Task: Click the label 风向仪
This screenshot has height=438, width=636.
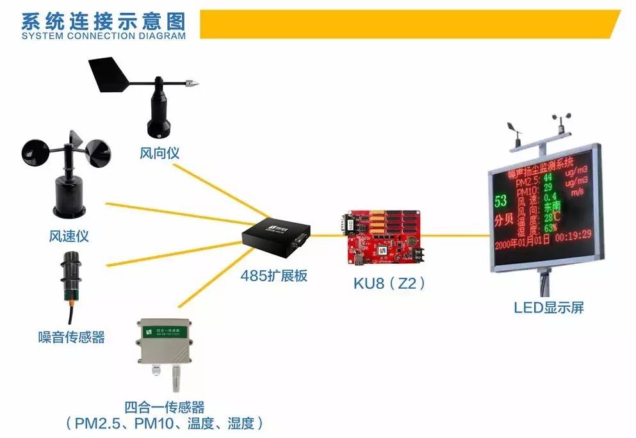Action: (x=159, y=154)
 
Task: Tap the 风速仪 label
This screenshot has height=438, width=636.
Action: (x=68, y=236)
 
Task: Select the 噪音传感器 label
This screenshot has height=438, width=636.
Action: (x=71, y=337)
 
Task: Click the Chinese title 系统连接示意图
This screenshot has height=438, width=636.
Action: (x=103, y=20)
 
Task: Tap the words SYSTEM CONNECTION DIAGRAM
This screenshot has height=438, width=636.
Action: (x=103, y=36)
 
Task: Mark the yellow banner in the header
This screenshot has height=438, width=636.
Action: (x=410, y=24)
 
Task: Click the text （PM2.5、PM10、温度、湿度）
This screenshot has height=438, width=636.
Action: (x=165, y=423)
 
